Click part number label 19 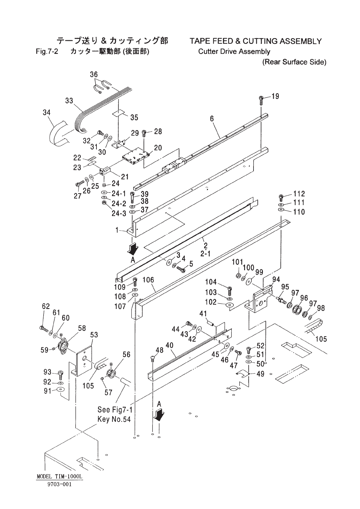click(275, 97)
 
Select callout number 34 click(47, 113)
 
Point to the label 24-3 click(119, 214)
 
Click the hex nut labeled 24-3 click(104, 203)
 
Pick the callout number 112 click(299, 193)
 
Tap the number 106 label click(148, 280)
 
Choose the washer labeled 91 click(61, 389)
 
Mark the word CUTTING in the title click(260, 41)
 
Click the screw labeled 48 click(152, 359)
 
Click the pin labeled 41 click(211, 323)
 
